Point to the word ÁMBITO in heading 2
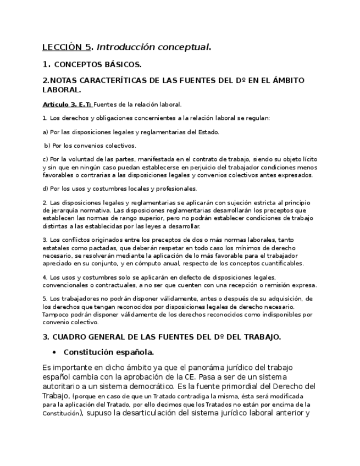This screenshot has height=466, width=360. pos(284,80)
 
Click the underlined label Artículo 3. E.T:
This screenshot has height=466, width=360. pos(67,104)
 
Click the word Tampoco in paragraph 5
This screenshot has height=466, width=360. pos(54,314)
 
